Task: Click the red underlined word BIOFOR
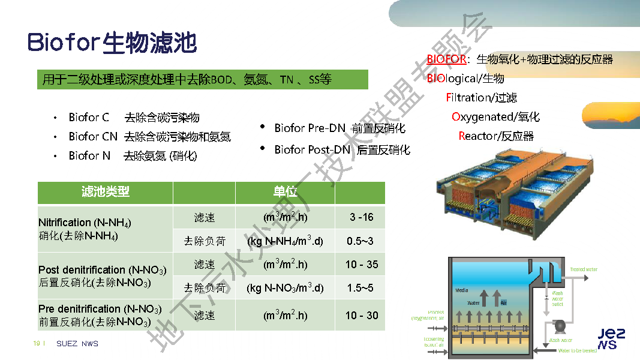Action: [x=446, y=59]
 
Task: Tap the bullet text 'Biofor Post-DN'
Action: [x=312, y=150]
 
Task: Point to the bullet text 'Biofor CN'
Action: [x=93, y=137]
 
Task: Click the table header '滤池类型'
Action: [x=105, y=193]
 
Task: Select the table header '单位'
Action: [x=285, y=193]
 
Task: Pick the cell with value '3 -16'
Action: [x=361, y=217]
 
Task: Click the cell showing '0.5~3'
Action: [x=360, y=241]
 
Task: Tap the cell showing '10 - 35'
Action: [x=361, y=265]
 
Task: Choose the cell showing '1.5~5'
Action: [x=360, y=288]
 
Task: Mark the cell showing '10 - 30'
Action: [x=361, y=316]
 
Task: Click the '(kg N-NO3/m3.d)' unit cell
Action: [x=285, y=289]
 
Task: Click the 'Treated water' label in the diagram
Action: [x=584, y=269]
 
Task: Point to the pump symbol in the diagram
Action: [x=560, y=326]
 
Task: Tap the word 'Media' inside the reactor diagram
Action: [x=461, y=290]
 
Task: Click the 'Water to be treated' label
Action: [x=577, y=350]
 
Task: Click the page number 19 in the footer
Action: [x=37, y=344]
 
